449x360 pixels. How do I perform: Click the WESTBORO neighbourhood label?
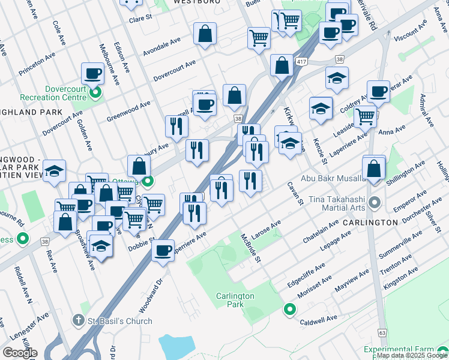(194, 2)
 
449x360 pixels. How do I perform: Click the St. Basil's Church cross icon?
(78, 321)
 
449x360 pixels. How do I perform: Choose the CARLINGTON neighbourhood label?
(370, 222)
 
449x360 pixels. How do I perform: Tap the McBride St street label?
(251, 248)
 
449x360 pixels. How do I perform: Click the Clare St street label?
(141, 19)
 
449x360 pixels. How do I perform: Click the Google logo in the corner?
(20, 353)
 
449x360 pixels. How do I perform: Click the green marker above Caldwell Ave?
(289, 310)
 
